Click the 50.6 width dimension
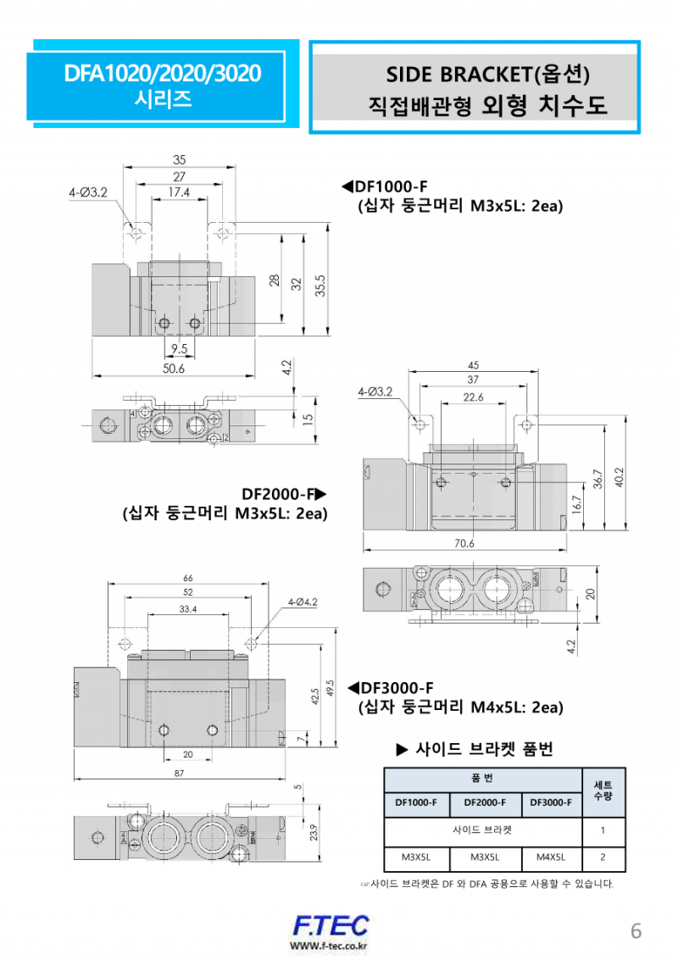click(173, 369)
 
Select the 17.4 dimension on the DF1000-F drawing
click(178, 193)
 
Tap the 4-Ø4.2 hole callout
click(302, 602)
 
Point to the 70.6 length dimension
click(464, 544)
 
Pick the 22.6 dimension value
click(473, 397)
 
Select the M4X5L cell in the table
click(552, 857)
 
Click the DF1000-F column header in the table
click(416, 802)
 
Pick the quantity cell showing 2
click(603, 857)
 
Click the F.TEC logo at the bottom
click(331, 926)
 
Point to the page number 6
click(636, 931)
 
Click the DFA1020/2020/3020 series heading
click(163, 74)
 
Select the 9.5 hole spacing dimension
click(178, 348)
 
